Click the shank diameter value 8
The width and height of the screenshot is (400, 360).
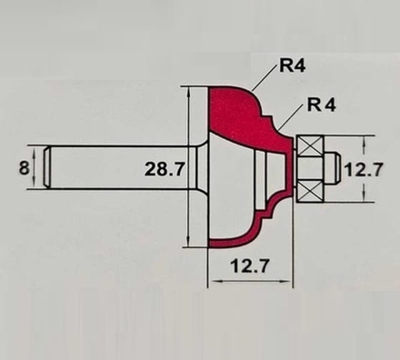[x=22, y=167]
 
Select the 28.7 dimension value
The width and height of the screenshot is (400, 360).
[x=165, y=168]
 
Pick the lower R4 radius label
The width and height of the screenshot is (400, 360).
[x=321, y=105]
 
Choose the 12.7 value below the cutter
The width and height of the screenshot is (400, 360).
[x=250, y=266]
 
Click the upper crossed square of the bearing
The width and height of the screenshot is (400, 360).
[x=311, y=145]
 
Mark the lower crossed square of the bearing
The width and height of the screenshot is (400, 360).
[x=311, y=189]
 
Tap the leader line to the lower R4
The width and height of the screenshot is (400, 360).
[x=290, y=118]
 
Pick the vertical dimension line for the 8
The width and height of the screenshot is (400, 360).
[x=35, y=167]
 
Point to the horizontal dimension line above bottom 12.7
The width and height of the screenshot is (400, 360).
[x=250, y=282]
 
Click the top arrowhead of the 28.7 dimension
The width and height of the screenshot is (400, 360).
[x=188, y=91]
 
